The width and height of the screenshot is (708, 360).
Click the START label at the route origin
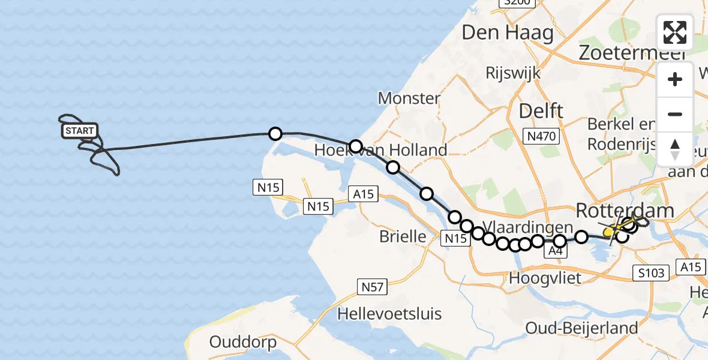[x=79, y=131]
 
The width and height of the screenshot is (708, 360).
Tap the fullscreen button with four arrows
[x=675, y=32]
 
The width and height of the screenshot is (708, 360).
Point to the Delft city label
[x=541, y=110]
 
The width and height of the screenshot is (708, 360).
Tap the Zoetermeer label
[x=632, y=53]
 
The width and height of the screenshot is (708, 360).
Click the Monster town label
[x=409, y=97]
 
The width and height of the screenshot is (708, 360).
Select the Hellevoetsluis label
[x=389, y=313]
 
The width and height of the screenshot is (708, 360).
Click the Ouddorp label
[x=243, y=342]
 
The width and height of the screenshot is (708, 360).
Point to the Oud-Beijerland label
[x=581, y=328]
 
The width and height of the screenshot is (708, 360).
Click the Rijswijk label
[x=514, y=73]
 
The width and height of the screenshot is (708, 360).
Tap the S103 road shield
[x=651, y=274]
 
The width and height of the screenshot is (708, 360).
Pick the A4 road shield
[x=554, y=253]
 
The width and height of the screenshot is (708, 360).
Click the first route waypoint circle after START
[x=275, y=134]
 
